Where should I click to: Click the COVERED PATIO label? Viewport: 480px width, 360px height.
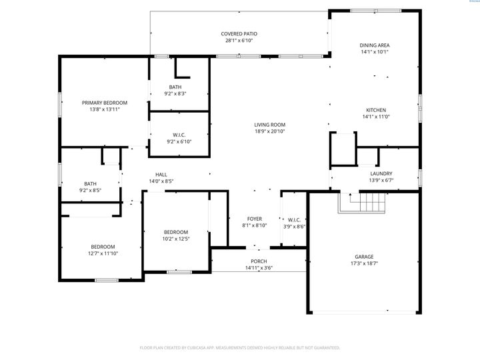click(x=239, y=34)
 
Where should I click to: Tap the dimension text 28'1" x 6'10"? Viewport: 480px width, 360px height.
click(x=239, y=41)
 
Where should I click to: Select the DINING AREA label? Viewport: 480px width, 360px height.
click(x=374, y=45)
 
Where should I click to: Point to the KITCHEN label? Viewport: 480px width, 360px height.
click(x=375, y=110)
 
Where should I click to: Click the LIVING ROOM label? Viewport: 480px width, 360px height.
click(x=269, y=125)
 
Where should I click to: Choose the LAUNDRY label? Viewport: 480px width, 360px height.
click(x=381, y=173)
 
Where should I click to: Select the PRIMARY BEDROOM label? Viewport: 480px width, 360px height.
click(x=105, y=103)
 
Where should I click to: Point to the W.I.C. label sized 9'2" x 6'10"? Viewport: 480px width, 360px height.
click(x=179, y=135)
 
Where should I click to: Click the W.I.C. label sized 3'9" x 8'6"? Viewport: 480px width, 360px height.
click(x=295, y=219)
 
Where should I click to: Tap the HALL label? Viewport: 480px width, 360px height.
click(x=161, y=175)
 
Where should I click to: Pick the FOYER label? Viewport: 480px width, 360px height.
click(x=255, y=219)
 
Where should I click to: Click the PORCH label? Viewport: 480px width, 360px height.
click(x=259, y=261)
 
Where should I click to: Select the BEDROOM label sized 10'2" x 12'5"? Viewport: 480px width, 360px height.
click(x=176, y=232)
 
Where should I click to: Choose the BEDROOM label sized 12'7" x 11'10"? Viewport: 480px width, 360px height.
click(x=103, y=247)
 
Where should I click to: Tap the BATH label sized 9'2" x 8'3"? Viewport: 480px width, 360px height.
click(x=175, y=87)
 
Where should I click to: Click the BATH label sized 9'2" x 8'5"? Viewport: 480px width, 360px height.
click(x=90, y=184)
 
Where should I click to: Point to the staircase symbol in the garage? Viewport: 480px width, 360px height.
click(x=363, y=203)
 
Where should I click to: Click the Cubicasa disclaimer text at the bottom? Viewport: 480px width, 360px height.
click(x=240, y=348)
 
